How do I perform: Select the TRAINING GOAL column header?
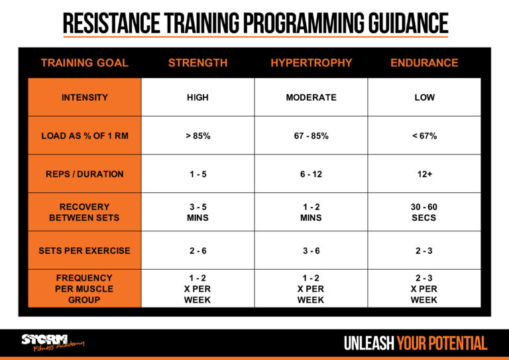84,63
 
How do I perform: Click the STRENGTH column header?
198,63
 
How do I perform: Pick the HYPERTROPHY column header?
311,63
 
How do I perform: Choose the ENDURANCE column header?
424,63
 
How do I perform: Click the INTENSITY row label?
84,97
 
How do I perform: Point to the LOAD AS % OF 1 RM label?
84,136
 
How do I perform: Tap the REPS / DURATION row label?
84,174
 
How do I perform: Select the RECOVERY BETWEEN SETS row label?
84,212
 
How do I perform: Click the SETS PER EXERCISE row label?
84,251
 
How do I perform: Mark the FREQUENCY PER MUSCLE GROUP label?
84,288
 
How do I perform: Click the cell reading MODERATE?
311,97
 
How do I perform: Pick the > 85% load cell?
198,136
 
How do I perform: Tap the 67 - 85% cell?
311,136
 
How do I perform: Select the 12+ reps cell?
424,174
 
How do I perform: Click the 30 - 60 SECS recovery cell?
424,212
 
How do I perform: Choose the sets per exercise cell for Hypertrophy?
311,251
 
